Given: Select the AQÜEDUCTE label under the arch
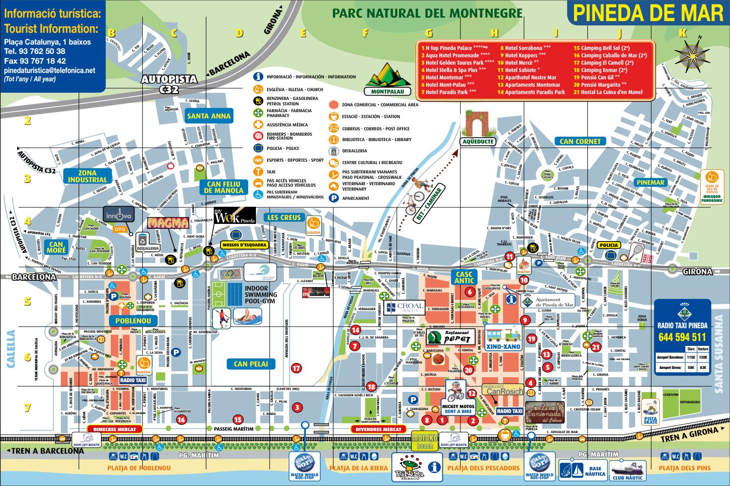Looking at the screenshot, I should pos(478,142).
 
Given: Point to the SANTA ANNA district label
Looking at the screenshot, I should pos(208,117).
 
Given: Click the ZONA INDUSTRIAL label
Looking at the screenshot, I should pos(87,176).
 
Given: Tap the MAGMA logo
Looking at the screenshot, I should pos(168,223).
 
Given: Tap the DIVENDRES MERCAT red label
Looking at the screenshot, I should pos(379,429).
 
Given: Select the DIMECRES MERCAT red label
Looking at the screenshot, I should pos(114,429).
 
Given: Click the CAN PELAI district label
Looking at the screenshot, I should pos(251,364).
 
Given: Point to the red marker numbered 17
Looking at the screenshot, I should pos(296,368).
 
